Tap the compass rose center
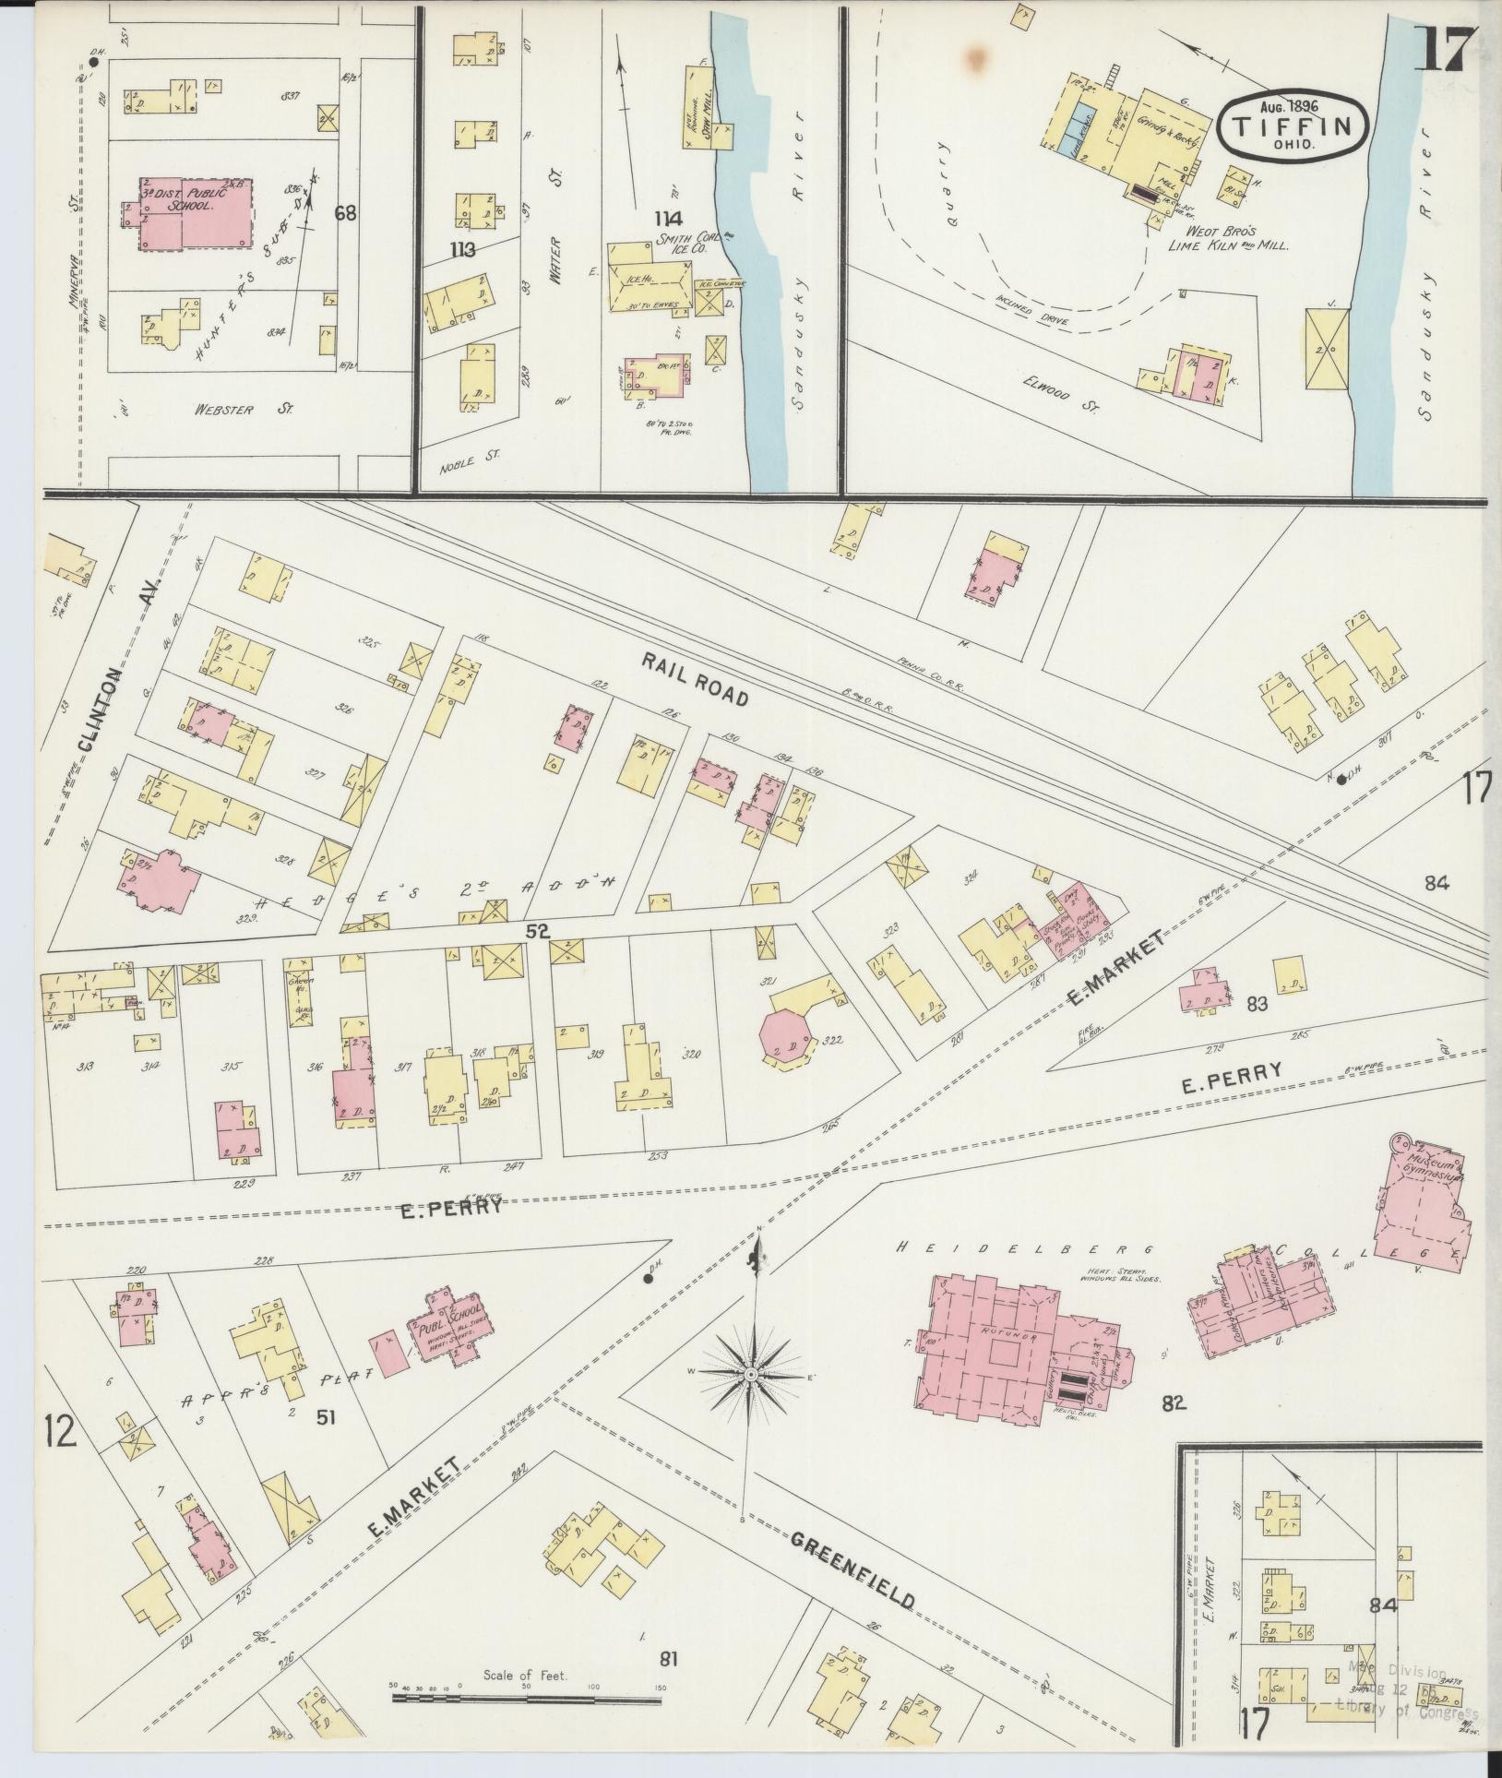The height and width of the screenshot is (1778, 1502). tap(751, 1401)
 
